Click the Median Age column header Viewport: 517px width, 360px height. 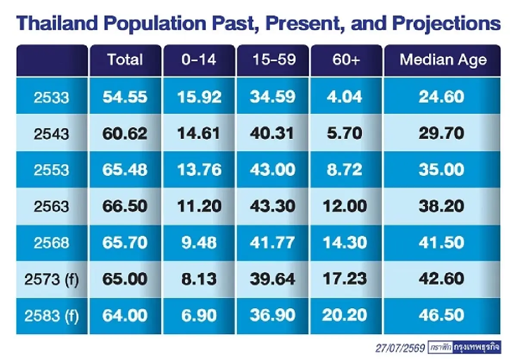[443, 60]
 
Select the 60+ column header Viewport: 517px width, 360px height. [346, 59]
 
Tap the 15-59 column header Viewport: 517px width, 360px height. [274, 59]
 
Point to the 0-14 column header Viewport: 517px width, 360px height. [199, 59]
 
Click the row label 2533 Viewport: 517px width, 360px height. [51, 97]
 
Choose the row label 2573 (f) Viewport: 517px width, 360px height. [51, 279]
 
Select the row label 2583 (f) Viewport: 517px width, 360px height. [51, 316]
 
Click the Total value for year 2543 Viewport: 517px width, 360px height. [125, 134]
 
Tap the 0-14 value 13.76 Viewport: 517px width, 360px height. [199, 170]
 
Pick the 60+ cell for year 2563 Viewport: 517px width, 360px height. [345, 206]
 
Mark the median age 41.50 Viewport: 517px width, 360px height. [441, 242]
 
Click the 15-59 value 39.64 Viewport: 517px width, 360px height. [273, 279]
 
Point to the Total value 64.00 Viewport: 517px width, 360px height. [125, 316]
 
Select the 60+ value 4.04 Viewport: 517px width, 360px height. [344, 97]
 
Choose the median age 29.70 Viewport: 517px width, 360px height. [441, 134]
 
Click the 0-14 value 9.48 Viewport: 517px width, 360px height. [199, 242]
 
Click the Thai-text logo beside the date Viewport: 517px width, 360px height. [464, 347]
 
